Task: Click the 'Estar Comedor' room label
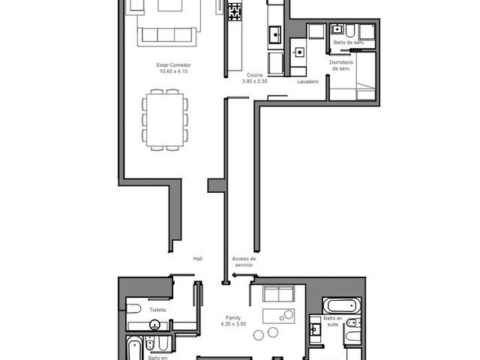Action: [x=173, y=65]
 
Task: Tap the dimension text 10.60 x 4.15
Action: [x=173, y=71]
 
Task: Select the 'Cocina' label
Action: [x=254, y=75]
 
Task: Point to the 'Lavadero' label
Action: [x=307, y=82]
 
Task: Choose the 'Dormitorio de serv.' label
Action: [x=341, y=65]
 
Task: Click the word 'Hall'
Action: [x=198, y=259]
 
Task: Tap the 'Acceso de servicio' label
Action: [x=244, y=262]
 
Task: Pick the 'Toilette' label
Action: [x=157, y=310]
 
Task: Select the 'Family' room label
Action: [x=233, y=318]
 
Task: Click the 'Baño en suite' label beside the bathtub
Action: [x=333, y=321]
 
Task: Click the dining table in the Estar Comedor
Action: [x=165, y=120]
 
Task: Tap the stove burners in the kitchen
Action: [x=235, y=12]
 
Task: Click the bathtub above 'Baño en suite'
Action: [x=342, y=305]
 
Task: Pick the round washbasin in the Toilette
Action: [x=155, y=325]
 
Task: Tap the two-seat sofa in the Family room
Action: [x=278, y=293]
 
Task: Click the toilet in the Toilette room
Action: [x=133, y=309]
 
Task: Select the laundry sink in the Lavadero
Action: [x=299, y=52]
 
